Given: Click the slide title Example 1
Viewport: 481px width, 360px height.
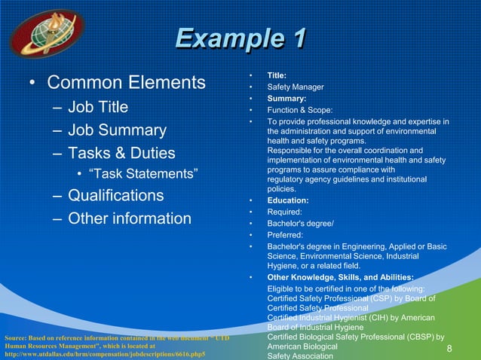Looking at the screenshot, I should tap(240, 38).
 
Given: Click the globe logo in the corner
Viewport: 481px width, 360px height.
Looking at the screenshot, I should tap(47, 32).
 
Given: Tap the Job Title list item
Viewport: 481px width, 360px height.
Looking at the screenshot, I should tap(98, 106).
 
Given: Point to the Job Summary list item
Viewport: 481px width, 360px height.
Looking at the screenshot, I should tap(117, 130).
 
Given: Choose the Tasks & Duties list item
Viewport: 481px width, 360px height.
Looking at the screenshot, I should tap(121, 153).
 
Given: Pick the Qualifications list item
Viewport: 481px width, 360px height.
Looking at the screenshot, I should tap(115, 196).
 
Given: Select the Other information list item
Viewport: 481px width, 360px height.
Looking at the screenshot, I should tap(130, 218).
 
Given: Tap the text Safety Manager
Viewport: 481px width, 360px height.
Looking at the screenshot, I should tap(296, 87).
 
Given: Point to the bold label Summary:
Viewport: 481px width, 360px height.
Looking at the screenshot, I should tap(286, 99).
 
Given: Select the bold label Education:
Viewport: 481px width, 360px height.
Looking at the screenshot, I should tap(288, 201).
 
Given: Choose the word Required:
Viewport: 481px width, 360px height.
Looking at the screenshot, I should tap(285, 212).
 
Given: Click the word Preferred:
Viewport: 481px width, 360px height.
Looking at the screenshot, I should tap(285, 235).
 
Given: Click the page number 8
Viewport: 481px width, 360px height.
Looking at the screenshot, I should tap(449, 349).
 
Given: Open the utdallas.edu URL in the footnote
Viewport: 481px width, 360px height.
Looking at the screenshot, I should tap(105, 353).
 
